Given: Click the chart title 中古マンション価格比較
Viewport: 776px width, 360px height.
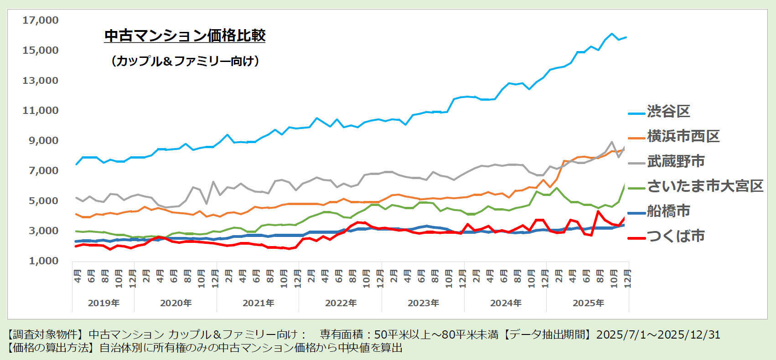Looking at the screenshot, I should [185, 36].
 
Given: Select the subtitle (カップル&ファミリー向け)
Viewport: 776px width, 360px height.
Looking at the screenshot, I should [185, 61].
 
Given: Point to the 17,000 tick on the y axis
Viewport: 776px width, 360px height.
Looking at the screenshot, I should [41, 20].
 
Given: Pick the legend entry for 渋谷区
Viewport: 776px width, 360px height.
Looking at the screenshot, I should [668, 111].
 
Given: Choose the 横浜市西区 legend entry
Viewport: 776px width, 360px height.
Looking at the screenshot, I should [683, 136].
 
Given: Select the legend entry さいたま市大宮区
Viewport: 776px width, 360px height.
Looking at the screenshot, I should [705, 186].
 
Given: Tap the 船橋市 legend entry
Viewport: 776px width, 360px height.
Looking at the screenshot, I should [668, 211].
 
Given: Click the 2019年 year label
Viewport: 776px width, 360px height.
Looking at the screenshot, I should [103, 303].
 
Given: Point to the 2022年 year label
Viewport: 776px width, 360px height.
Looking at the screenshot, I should [341, 303].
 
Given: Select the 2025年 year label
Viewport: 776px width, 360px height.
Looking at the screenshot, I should [588, 303].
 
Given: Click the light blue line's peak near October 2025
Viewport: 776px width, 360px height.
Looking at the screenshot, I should [612, 34].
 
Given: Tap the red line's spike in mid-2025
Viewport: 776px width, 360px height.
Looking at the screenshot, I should [598, 211].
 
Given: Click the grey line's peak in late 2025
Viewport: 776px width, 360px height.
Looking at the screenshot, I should [612, 142].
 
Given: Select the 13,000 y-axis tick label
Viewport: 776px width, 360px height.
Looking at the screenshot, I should [41, 80].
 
